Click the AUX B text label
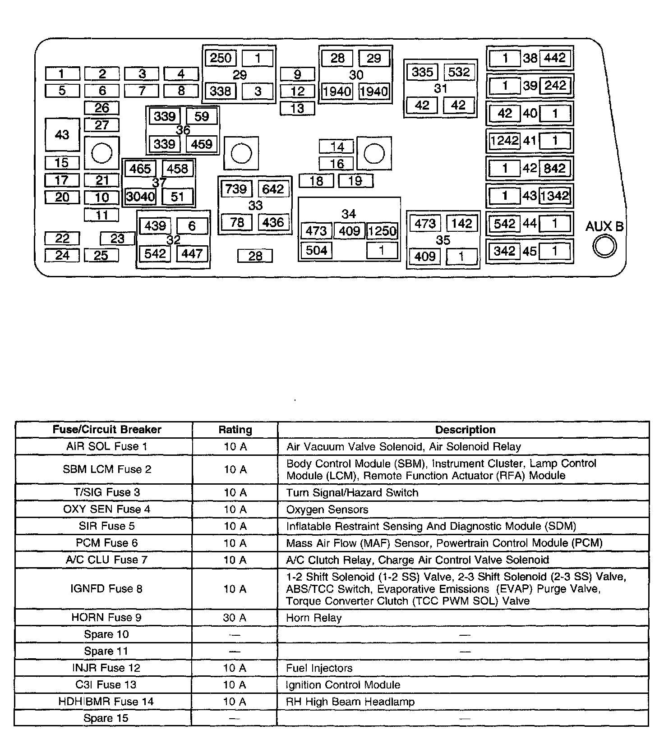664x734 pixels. click(604, 226)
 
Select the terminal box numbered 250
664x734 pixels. click(221, 58)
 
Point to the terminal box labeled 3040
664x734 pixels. click(140, 197)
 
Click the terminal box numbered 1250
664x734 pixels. click(382, 231)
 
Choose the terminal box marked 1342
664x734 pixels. click(555, 196)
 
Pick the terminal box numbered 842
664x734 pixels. click(555, 168)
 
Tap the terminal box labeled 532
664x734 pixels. click(459, 72)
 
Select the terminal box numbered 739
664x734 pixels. click(236, 188)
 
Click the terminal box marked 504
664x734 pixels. click(316, 250)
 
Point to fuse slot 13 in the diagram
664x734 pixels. click(297, 109)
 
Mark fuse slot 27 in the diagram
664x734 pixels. click(102, 125)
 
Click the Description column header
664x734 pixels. click(465, 430)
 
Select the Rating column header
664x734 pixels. click(235, 430)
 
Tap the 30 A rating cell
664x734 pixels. click(235, 617)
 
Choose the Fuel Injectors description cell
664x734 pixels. click(319, 668)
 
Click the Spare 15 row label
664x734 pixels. click(106, 718)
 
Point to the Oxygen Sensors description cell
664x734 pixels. click(327, 509)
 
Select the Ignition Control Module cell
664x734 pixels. click(343, 685)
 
